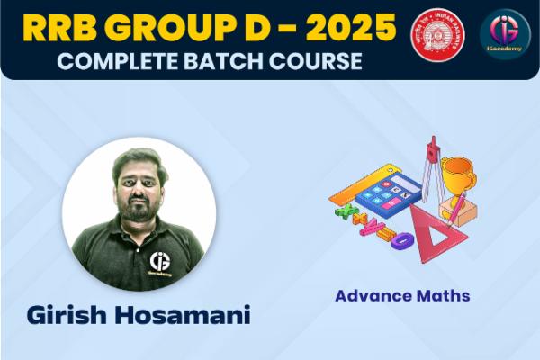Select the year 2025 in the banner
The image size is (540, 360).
point(346,30)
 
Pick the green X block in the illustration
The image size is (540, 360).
point(344,214)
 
